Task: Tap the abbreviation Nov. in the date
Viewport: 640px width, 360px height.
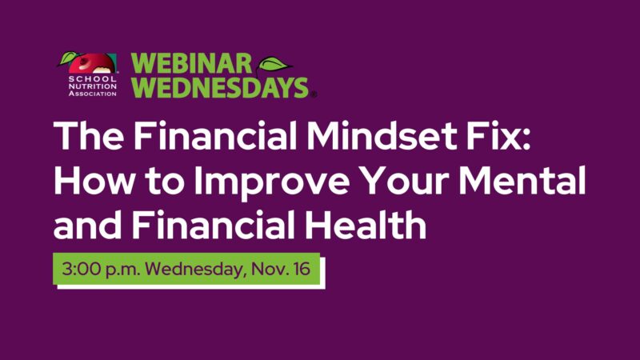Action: pos(269,269)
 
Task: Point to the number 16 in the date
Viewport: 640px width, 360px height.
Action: pos(303,269)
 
